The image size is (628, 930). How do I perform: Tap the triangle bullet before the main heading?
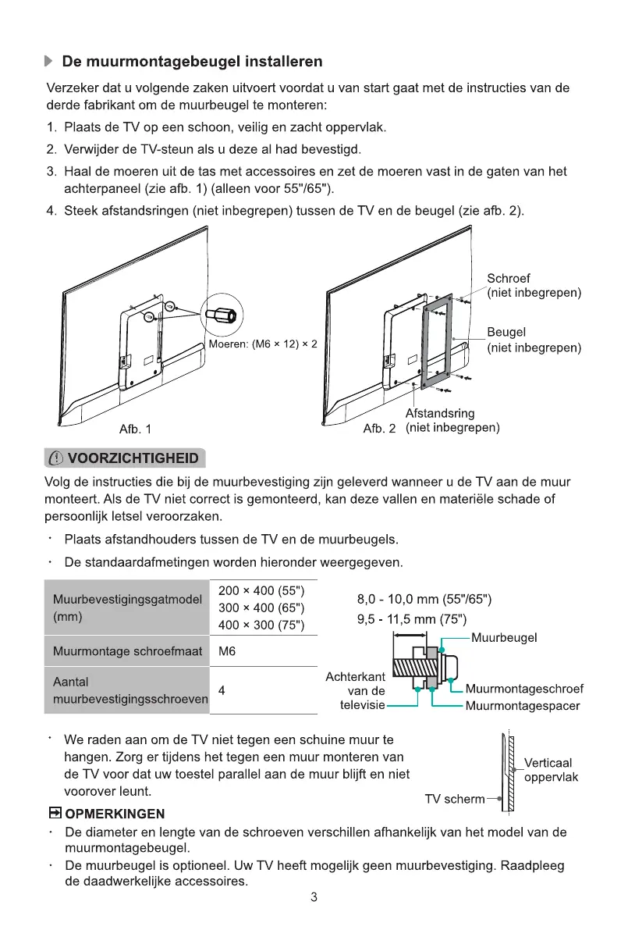point(49,61)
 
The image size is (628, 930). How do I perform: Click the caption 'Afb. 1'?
point(135,429)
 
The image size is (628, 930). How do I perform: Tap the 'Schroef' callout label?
point(509,279)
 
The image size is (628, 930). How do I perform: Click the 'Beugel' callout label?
point(506,333)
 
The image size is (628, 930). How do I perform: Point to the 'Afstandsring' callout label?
point(440,414)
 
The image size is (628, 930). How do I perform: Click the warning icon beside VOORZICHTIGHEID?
point(56,458)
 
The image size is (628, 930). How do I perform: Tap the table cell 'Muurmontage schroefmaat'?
point(127,651)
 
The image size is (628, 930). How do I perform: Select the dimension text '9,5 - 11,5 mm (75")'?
point(411,621)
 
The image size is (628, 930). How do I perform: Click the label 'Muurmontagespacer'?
point(522,706)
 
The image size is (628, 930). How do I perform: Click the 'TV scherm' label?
point(453,799)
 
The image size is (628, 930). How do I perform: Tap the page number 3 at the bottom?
point(314,897)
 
